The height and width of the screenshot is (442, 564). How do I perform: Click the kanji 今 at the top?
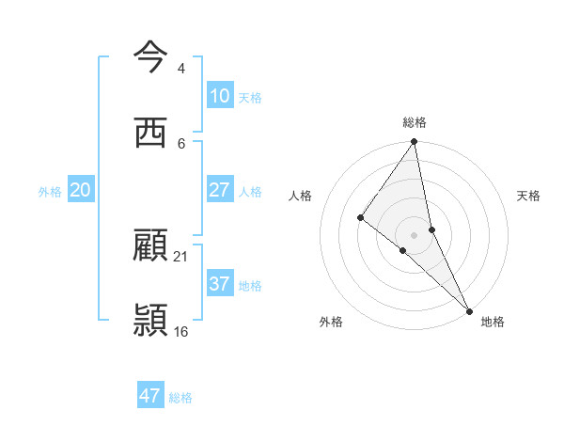point(150,55)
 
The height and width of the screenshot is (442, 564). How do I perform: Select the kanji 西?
point(150,132)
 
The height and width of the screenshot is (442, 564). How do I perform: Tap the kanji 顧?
point(150,246)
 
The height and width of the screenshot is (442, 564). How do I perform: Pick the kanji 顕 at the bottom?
point(150,321)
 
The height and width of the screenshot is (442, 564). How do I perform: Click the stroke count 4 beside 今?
point(180,68)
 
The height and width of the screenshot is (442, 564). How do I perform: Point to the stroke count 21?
point(181,256)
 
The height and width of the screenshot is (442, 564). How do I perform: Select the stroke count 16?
point(181,331)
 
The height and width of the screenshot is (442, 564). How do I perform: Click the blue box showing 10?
point(220,96)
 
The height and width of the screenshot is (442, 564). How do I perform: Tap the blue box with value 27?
point(220,190)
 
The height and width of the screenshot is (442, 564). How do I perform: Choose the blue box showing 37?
point(220,284)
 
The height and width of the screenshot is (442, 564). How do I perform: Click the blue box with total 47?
point(150,396)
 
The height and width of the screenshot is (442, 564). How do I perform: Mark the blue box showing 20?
point(81,190)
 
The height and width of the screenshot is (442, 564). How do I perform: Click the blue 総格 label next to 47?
point(180,398)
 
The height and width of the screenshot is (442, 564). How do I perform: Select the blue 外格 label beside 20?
point(50,192)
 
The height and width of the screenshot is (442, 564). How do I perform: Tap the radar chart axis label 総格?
point(415,122)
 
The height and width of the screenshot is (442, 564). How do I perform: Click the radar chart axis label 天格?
point(529,196)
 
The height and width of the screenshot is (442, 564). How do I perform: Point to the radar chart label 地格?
point(493,322)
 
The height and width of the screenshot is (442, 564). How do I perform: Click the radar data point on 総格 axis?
point(415,142)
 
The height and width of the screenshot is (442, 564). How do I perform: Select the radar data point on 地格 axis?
point(469,309)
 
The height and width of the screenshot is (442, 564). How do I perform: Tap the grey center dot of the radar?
point(415,234)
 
